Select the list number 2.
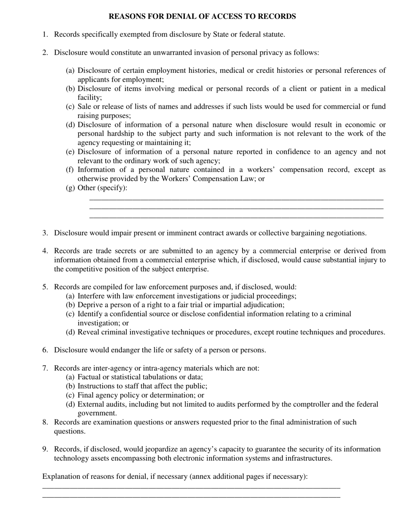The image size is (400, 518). pyautogui.click(x=45, y=53)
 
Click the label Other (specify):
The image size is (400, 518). pyautogui.click(x=102, y=188)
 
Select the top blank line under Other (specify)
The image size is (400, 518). pyautogui.click(x=236, y=199)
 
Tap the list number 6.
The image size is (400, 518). pyautogui.click(x=45, y=350)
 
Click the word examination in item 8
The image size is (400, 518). pyautogui.click(x=113, y=422)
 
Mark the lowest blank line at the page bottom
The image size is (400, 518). pyautogui.click(x=191, y=497)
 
